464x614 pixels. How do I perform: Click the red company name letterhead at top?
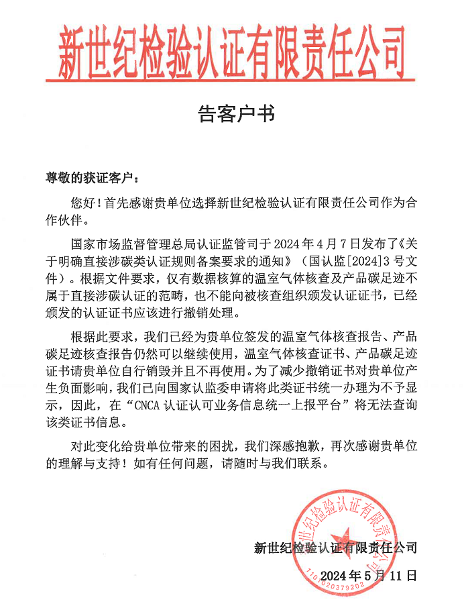[x=232, y=48]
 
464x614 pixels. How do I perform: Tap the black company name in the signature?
[x=335, y=548]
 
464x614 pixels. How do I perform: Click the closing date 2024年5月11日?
[x=369, y=575]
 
